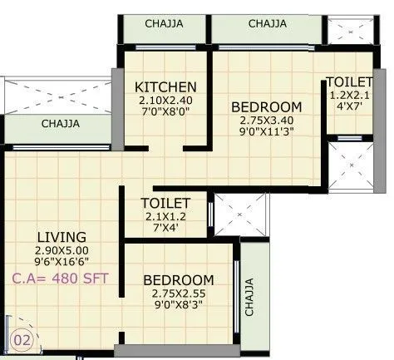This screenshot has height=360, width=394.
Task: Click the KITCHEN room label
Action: click(166, 86)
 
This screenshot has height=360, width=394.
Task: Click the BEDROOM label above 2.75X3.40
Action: click(265, 106)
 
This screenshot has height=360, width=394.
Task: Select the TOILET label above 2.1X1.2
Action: click(166, 204)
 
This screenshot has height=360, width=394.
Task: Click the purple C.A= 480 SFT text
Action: click(57, 279)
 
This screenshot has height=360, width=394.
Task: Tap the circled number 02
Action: click(22, 339)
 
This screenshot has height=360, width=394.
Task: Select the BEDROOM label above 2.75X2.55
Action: click(178, 280)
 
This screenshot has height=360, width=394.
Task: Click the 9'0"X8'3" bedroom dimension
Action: click(178, 305)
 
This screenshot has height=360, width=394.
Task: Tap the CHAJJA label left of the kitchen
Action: click(61, 124)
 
